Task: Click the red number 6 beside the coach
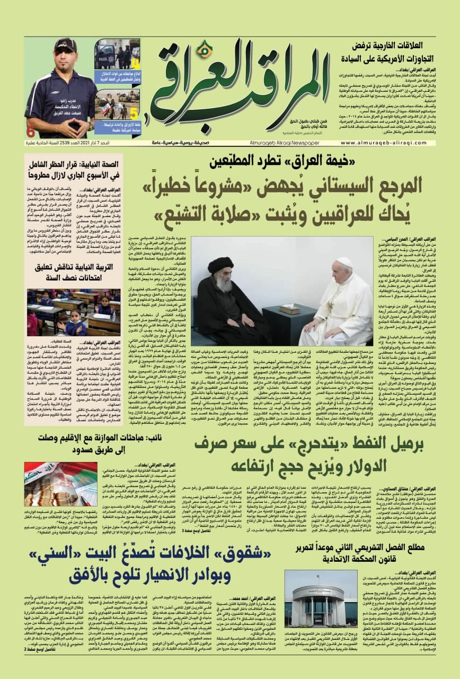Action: coord(31,132)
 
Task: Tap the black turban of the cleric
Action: coord(220,265)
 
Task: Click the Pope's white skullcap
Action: coord(345,262)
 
